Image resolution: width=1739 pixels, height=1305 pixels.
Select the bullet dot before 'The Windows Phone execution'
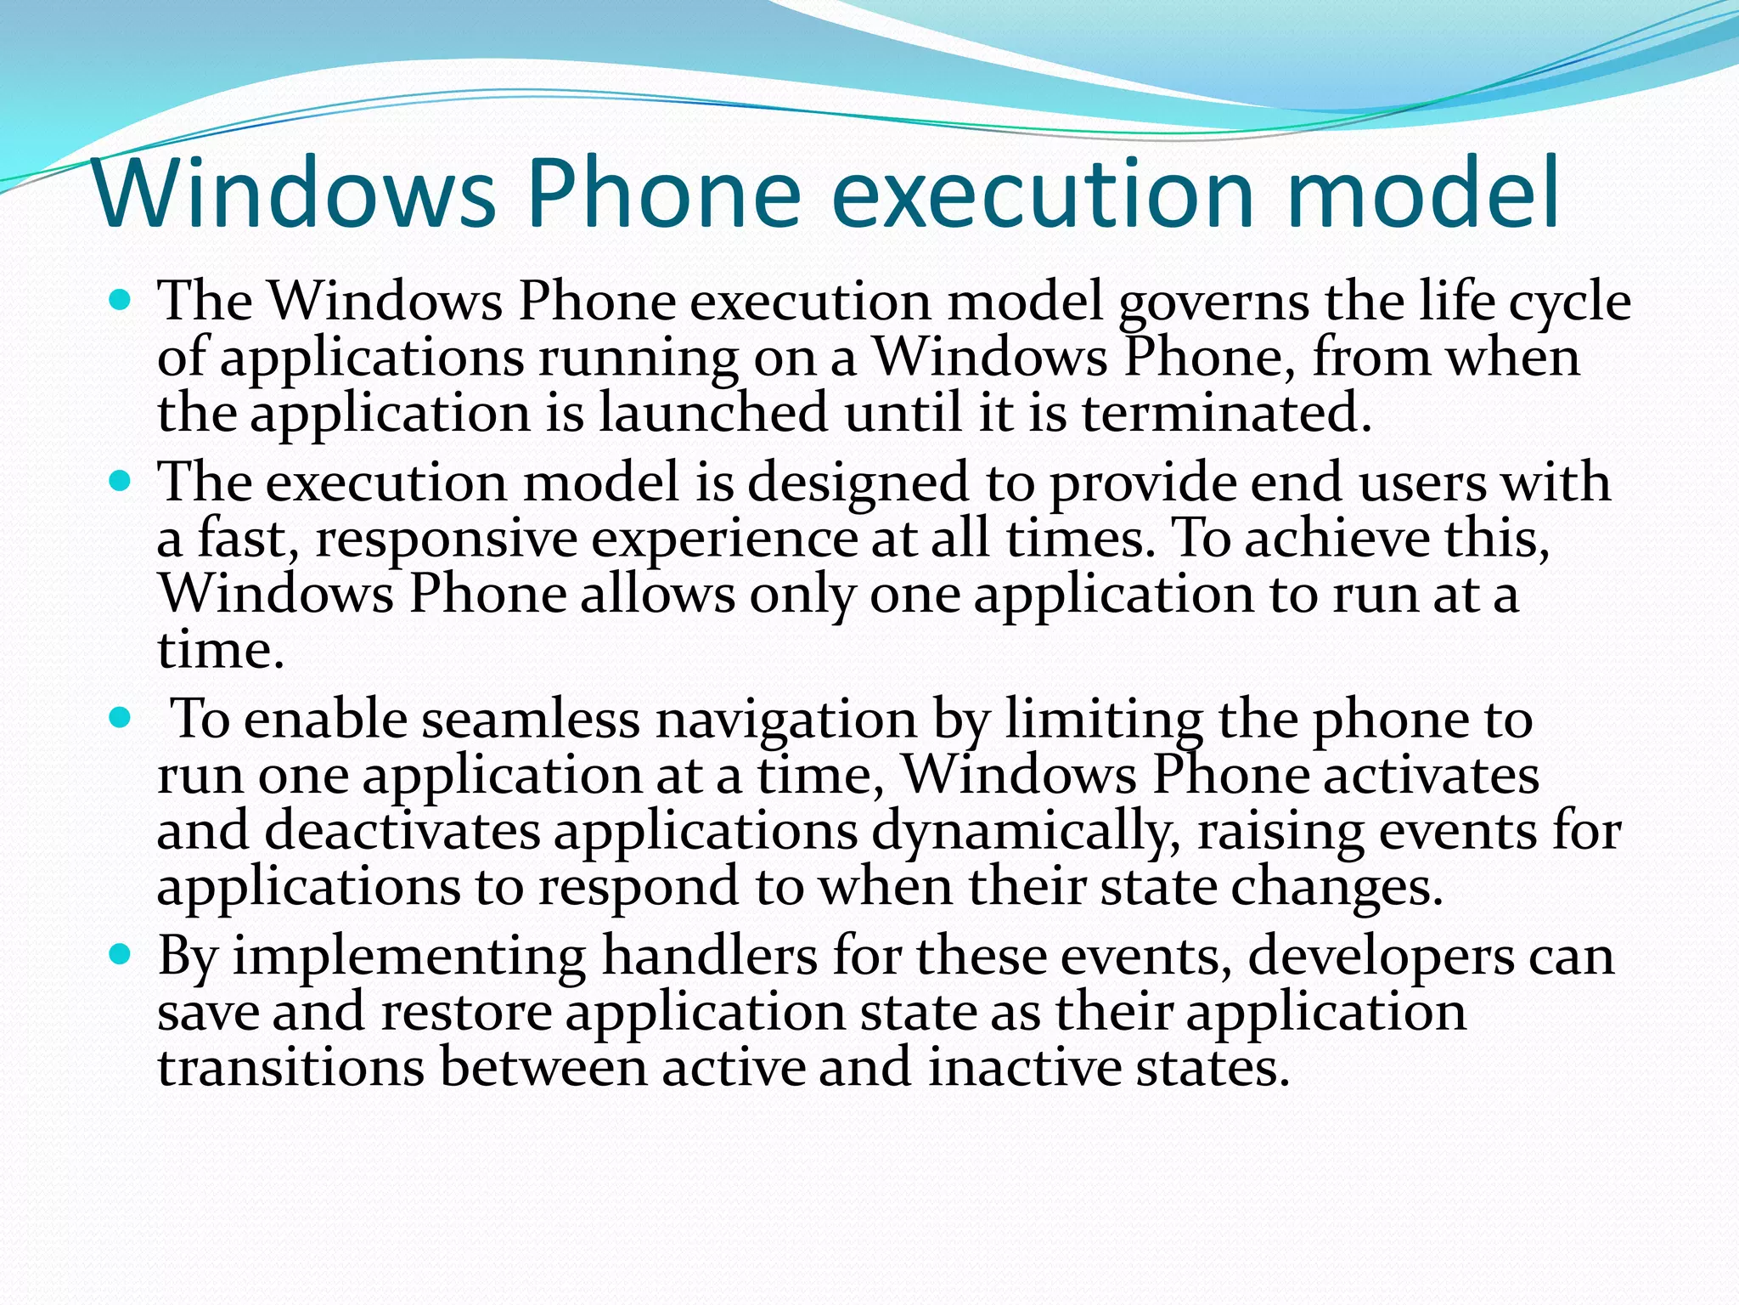[x=121, y=300]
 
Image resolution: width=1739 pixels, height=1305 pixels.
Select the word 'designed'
[x=858, y=483]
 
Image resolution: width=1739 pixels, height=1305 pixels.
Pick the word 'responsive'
[x=447, y=540]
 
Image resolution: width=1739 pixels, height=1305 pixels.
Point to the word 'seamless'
[x=530, y=720]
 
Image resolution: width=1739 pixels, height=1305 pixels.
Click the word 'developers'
[x=1381, y=958]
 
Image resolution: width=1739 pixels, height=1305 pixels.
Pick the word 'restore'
[x=466, y=1013]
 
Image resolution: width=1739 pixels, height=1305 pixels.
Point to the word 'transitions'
[x=290, y=1068]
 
